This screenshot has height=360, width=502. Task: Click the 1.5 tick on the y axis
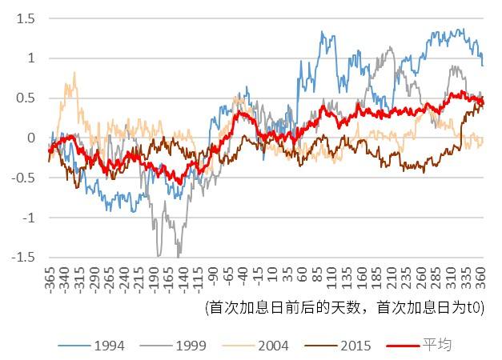click(26, 18)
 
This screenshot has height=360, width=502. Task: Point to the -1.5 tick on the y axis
click(24, 258)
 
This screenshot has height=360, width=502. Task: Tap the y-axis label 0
click(32, 138)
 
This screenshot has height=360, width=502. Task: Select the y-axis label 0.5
click(26, 98)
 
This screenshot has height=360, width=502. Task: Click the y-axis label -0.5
click(24, 178)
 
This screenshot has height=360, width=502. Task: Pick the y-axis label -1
click(29, 218)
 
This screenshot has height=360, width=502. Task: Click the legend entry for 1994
click(108, 346)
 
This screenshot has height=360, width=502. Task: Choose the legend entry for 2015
click(355, 346)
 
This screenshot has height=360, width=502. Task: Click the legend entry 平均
click(437, 346)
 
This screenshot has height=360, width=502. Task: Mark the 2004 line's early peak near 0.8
click(74, 73)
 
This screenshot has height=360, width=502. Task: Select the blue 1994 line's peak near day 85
click(323, 33)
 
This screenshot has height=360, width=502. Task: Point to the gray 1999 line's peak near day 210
click(390, 47)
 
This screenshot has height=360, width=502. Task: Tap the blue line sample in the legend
click(73, 346)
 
